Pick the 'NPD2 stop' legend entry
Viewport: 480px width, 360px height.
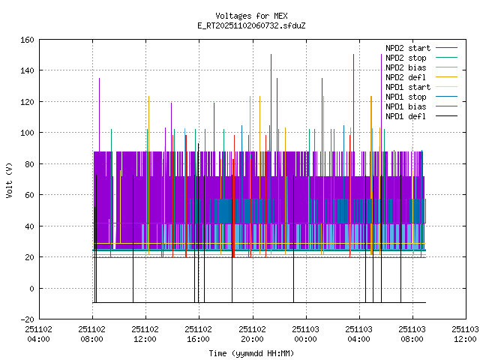[x=406, y=58]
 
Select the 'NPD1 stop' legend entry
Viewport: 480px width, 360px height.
[x=406, y=97]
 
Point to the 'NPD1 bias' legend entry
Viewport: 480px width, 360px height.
[x=406, y=106]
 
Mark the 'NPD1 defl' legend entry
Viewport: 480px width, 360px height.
[x=406, y=116]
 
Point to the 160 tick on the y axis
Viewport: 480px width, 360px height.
[x=25, y=39]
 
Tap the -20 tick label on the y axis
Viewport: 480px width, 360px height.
[x=25, y=319]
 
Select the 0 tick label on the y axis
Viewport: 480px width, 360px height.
[x=30, y=288]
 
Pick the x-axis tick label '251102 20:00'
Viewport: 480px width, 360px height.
[x=251, y=333]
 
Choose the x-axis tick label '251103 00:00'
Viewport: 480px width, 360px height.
[x=304, y=333]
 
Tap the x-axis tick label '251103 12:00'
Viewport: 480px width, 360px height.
[x=465, y=333]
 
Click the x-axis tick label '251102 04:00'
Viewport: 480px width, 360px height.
[x=38, y=333]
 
